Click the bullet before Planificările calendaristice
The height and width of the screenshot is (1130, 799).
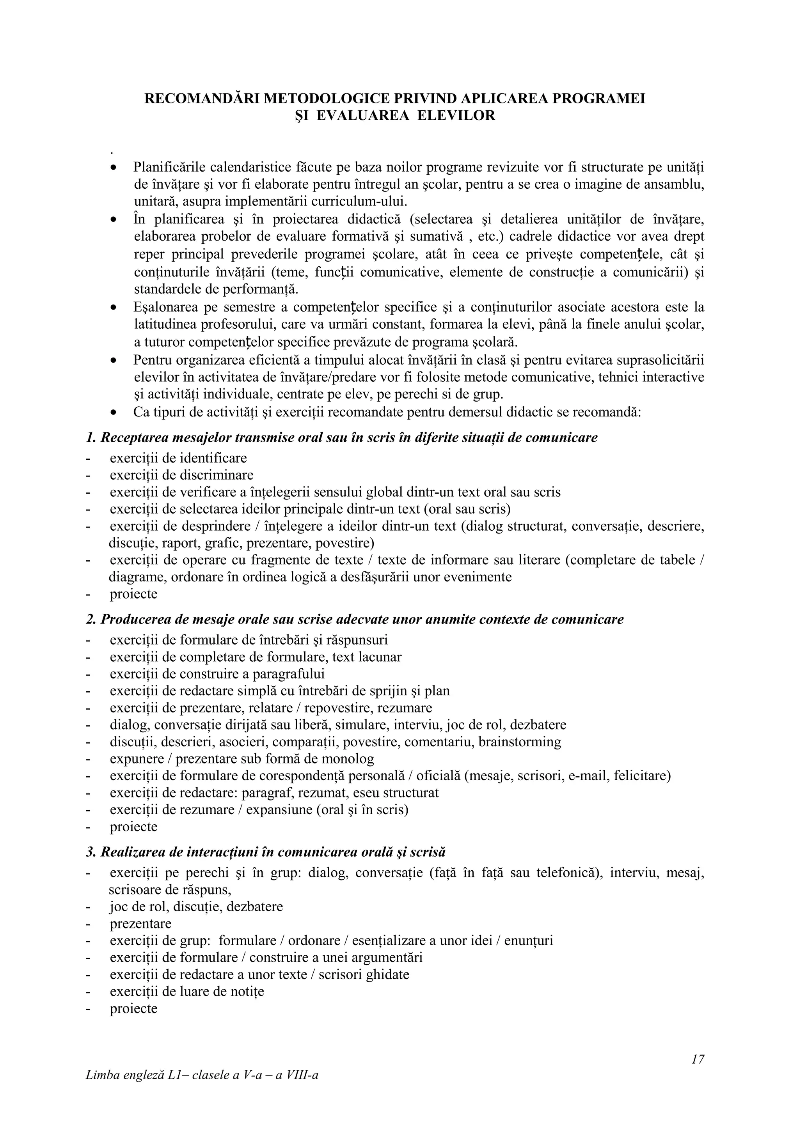(x=113, y=168)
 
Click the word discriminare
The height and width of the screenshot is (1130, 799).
(x=217, y=475)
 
